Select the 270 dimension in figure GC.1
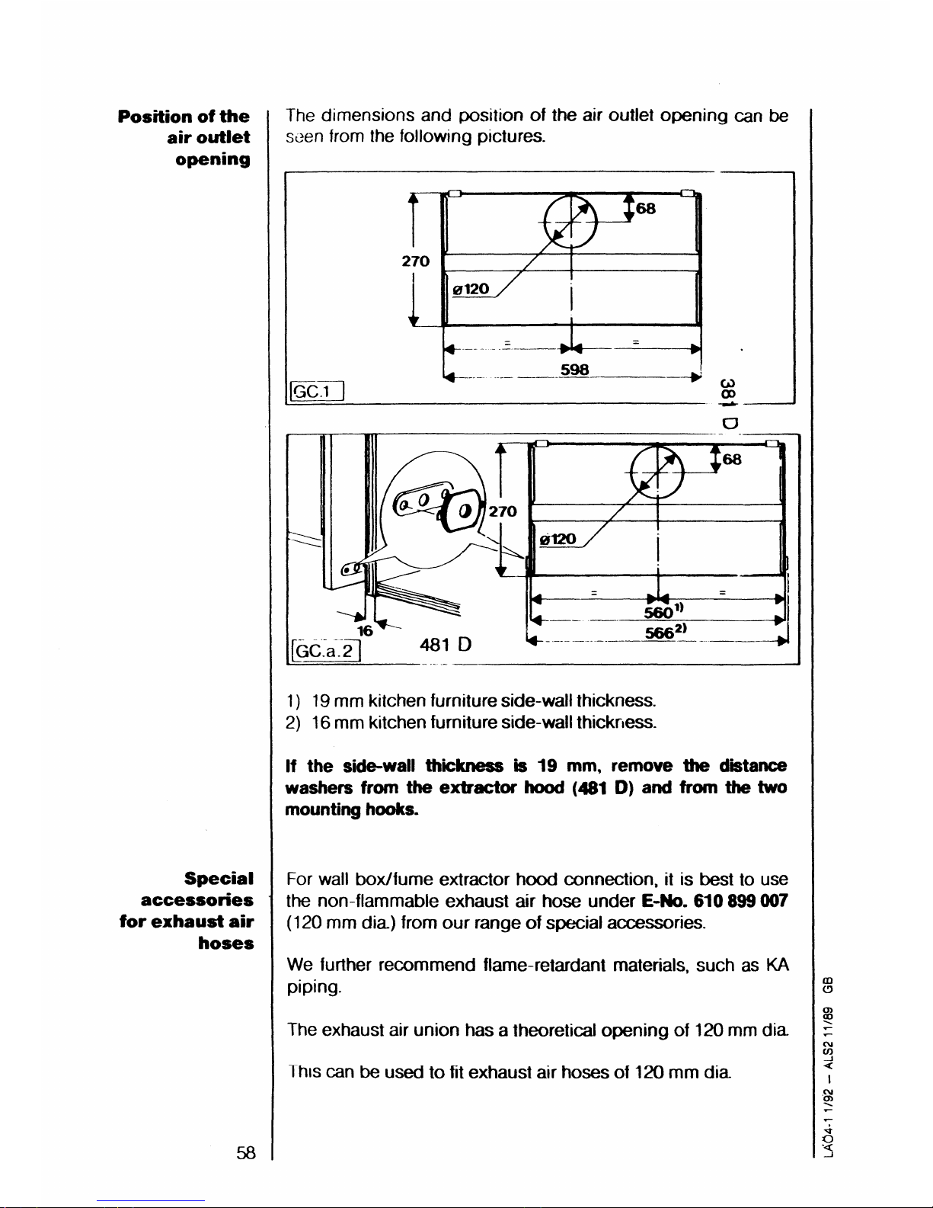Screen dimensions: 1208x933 (415, 261)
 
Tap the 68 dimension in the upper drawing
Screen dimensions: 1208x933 (646, 208)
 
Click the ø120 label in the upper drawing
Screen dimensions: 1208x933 (472, 289)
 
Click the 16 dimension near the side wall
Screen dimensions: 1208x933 (365, 630)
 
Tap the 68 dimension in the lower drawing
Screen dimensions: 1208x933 (732, 460)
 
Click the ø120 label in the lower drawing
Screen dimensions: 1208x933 (558, 540)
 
